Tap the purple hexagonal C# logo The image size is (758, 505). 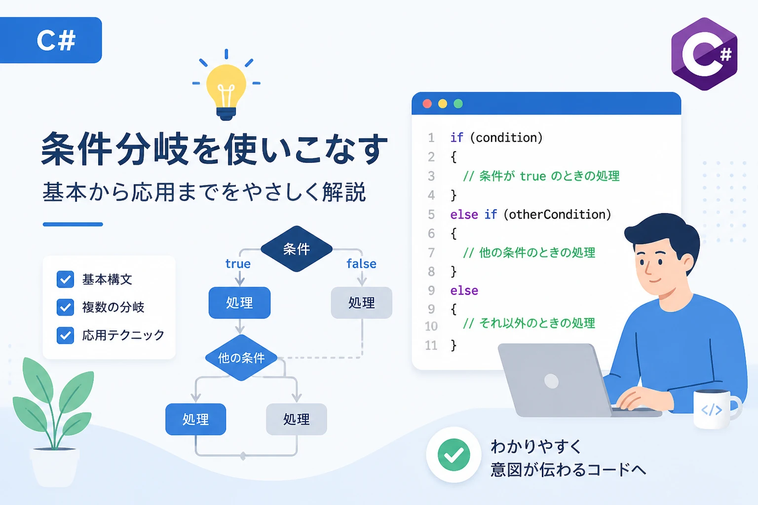point(704,54)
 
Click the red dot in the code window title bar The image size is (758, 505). point(427,104)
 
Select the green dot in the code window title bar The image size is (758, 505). point(458,104)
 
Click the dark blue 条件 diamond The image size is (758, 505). point(297,249)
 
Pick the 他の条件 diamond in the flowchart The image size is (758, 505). point(241,358)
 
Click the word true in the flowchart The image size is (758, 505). point(238,264)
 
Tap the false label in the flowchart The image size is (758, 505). point(361,264)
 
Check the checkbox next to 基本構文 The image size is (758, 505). point(65,280)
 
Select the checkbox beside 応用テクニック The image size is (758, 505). point(65,335)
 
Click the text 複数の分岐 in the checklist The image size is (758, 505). point(114,307)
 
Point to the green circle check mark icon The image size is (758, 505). point(454,455)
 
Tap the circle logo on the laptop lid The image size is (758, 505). point(551,381)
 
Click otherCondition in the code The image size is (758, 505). point(557,215)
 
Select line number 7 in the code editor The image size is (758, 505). point(431,252)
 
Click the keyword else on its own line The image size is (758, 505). point(464,290)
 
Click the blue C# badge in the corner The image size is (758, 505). point(51,40)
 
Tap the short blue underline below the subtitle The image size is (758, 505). point(73,224)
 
